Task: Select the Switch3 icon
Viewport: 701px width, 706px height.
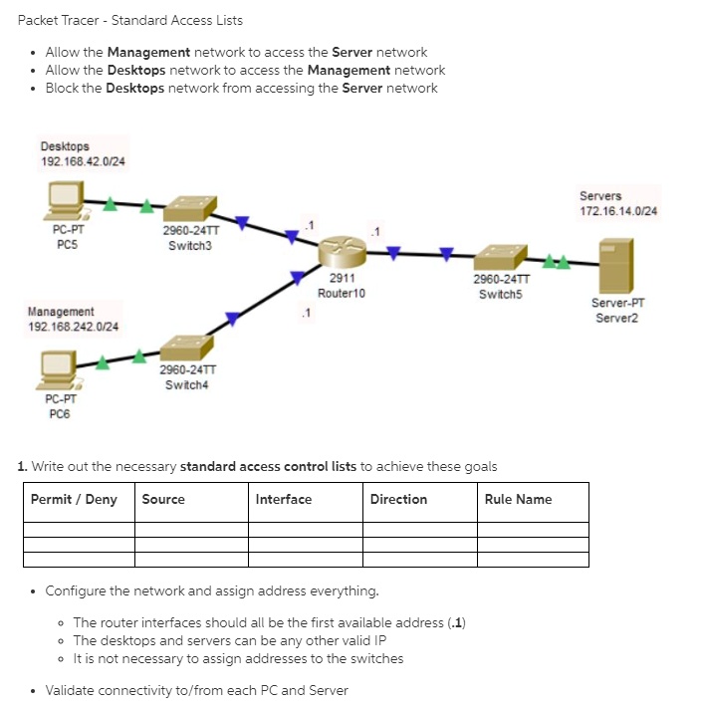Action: pyautogui.click(x=190, y=208)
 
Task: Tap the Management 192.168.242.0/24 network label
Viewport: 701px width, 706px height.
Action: pyautogui.click(x=73, y=319)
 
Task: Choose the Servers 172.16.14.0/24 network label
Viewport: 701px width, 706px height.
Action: pyautogui.click(x=617, y=203)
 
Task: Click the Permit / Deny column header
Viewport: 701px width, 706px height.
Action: pyautogui.click(x=74, y=499)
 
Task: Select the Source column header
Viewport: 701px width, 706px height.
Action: pyautogui.click(x=163, y=499)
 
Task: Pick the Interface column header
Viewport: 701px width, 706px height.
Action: pyautogui.click(x=284, y=499)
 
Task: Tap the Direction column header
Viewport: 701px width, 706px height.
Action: pyautogui.click(x=398, y=499)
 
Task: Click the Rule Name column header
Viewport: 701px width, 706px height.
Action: pyautogui.click(x=518, y=499)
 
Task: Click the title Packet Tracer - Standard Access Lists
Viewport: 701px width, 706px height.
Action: pyautogui.click(x=130, y=20)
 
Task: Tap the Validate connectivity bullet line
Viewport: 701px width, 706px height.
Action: pyautogui.click(x=197, y=690)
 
